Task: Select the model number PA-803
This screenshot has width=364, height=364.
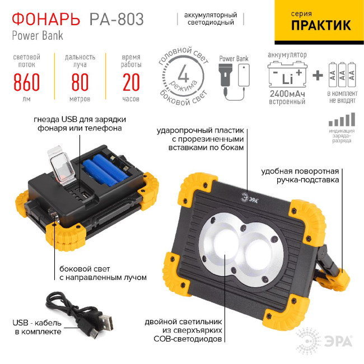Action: [x=116, y=19]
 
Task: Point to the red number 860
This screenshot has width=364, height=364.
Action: [x=26, y=82]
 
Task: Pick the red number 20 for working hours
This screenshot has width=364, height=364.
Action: [x=130, y=82]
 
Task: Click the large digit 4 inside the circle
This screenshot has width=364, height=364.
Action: [x=183, y=74]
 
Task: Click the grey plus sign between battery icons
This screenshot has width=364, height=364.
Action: [x=318, y=75]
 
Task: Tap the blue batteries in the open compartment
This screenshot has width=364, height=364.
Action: [x=106, y=168]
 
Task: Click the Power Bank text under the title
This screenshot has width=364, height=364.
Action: [x=38, y=35]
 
